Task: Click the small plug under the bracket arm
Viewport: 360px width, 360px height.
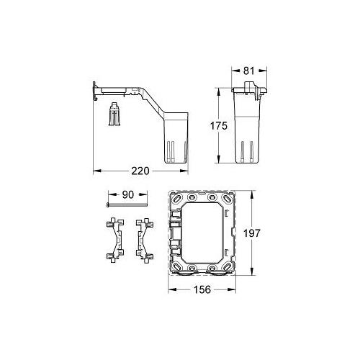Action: tap(112, 115)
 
